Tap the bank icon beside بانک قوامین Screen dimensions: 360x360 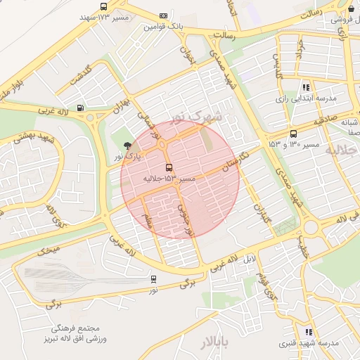[164, 15]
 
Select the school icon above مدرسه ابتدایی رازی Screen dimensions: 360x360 [306, 87]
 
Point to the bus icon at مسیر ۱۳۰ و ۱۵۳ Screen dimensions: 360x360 [293, 134]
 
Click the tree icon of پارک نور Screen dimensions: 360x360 [127, 146]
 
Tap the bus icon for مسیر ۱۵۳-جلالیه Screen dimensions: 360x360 [168, 167]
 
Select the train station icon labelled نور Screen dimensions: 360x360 [153, 278]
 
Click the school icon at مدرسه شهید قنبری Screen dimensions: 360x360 [308, 332]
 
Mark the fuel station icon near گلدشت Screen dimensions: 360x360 [80, 108]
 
